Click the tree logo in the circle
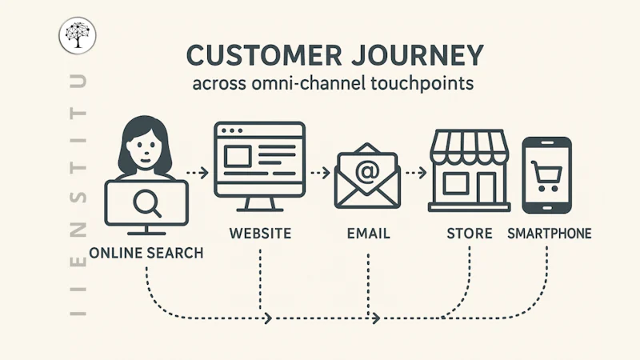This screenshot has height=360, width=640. [x=77, y=36]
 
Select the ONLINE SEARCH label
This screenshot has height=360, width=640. [x=146, y=253]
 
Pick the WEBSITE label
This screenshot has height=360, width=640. [x=259, y=234]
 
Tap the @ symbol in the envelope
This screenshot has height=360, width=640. [x=367, y=171]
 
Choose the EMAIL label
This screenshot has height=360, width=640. [x=369, y=234]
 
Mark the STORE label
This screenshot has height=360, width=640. [x=470, y=234]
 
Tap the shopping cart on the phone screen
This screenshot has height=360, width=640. [x=547, y=174]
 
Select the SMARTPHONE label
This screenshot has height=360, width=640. [x=550, y=234]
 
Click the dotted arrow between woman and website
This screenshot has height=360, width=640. [x=197, y=172]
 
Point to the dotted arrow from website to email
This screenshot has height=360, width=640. [x=319, y=172]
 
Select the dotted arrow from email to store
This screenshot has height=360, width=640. [x=414, y=172]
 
